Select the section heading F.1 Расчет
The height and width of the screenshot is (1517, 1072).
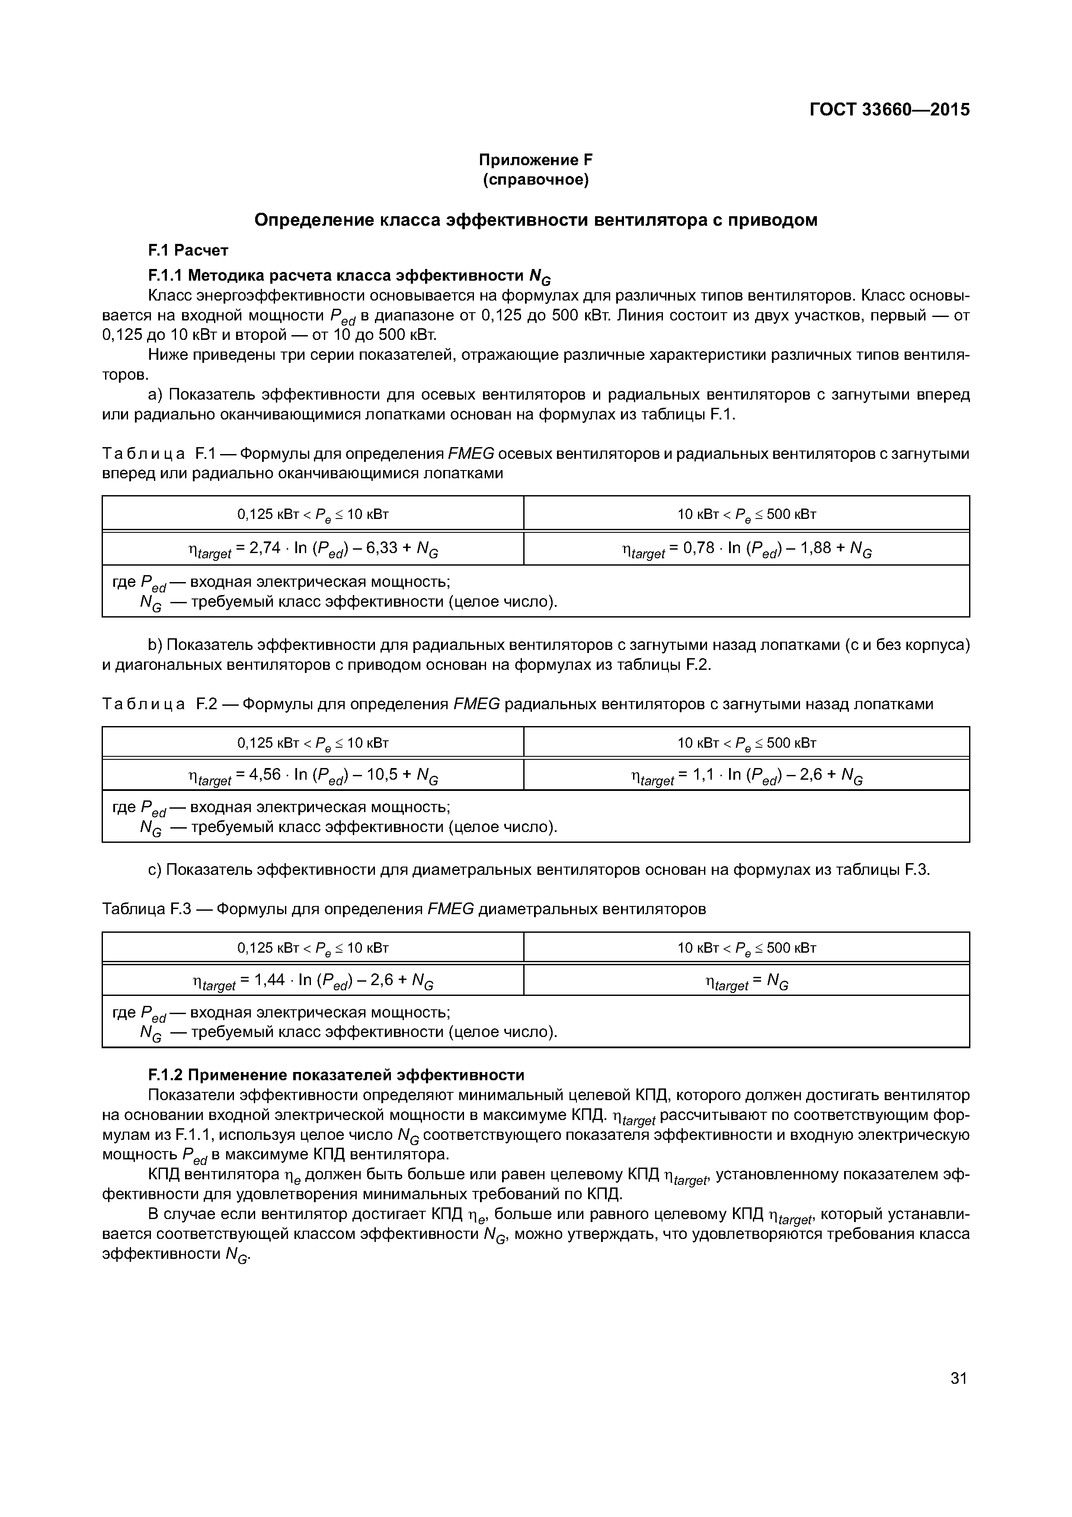point(188,250)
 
